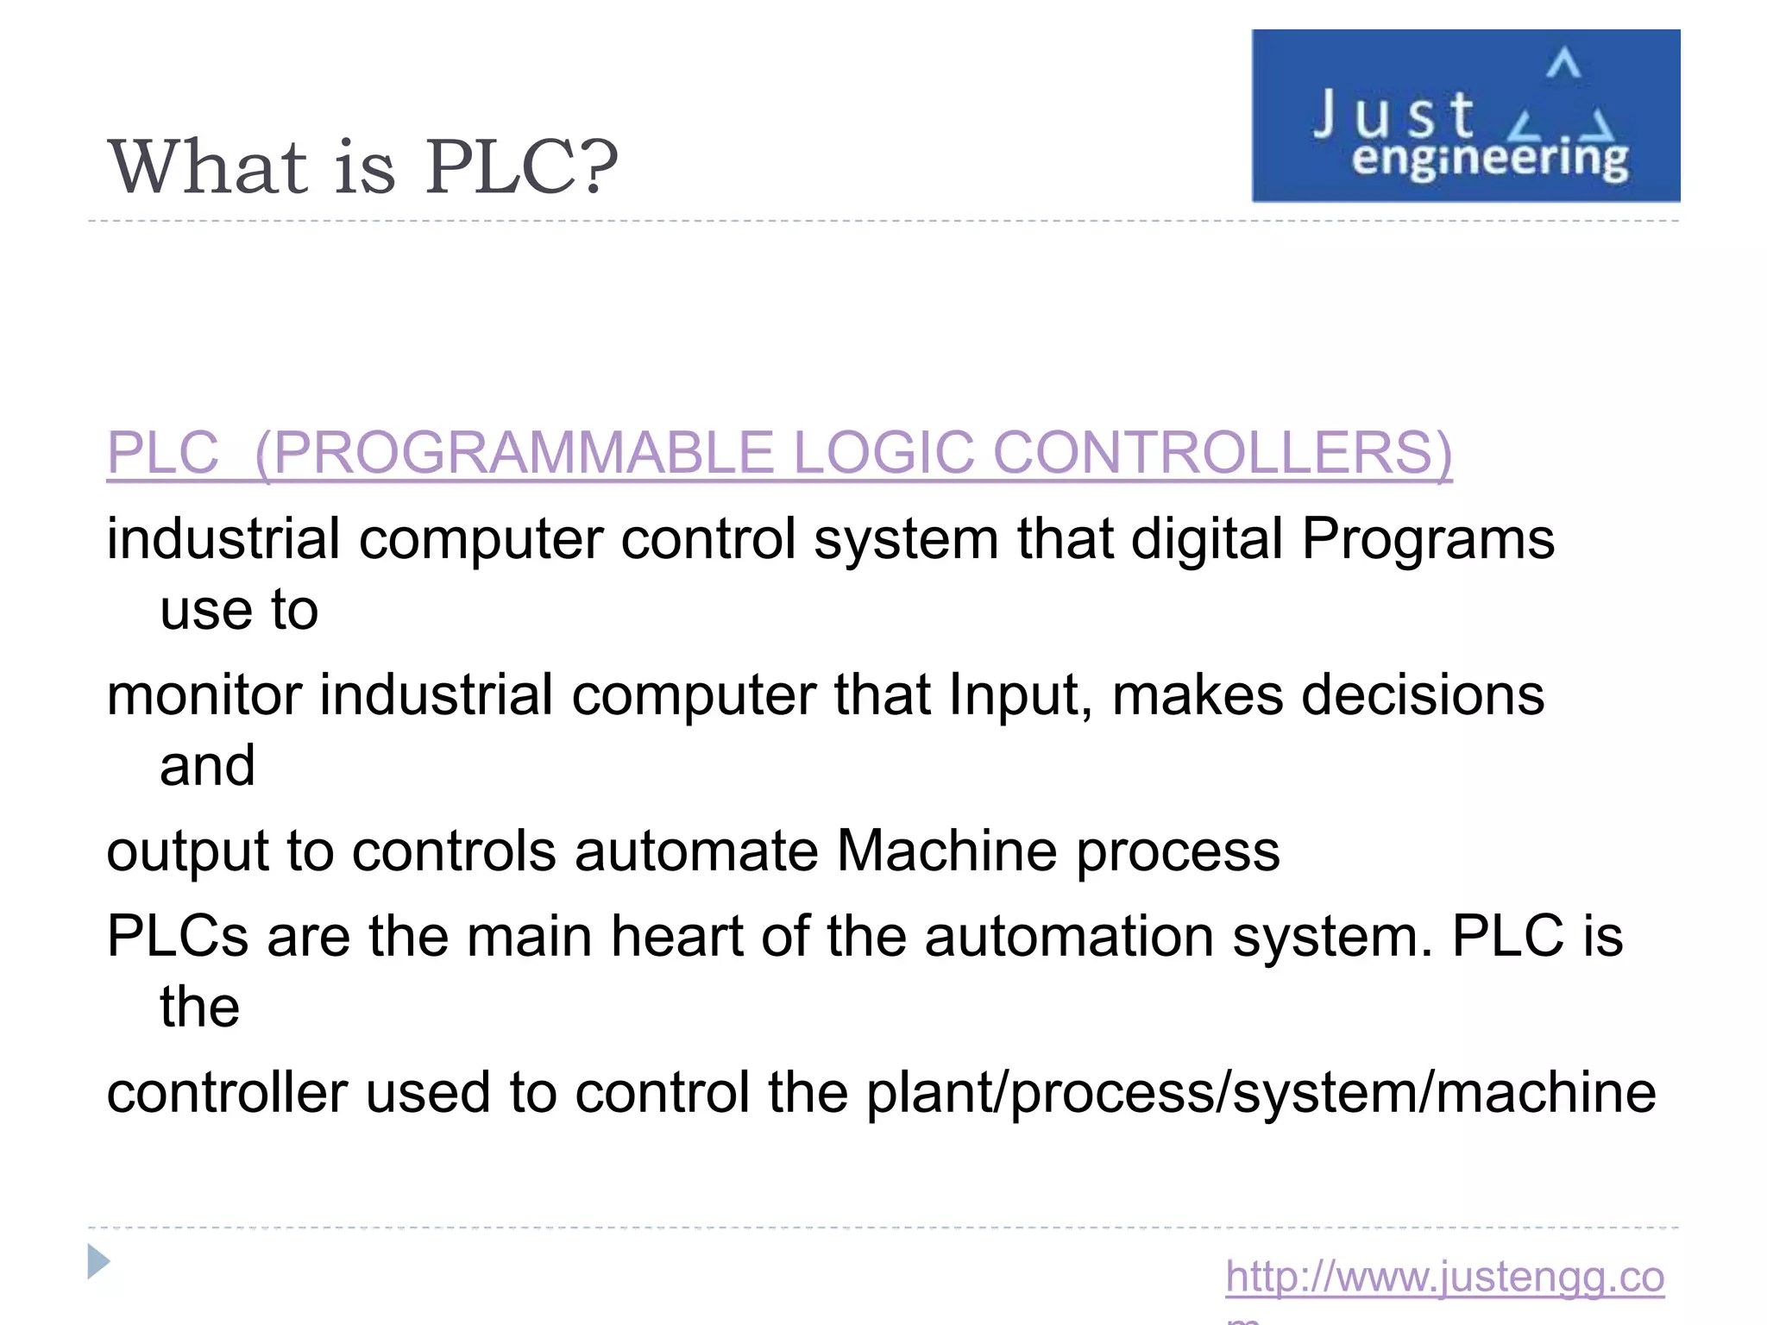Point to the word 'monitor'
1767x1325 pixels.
[204, 695]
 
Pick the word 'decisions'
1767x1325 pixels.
[1423, 695]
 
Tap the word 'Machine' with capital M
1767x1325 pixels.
[946, 851]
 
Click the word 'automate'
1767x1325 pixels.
[696, 851]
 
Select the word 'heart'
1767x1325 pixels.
[677, 937]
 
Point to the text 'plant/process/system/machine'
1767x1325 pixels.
[1261, 1094]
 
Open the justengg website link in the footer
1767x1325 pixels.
[1444, 1277]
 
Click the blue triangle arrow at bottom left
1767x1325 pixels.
[98, 1262]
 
